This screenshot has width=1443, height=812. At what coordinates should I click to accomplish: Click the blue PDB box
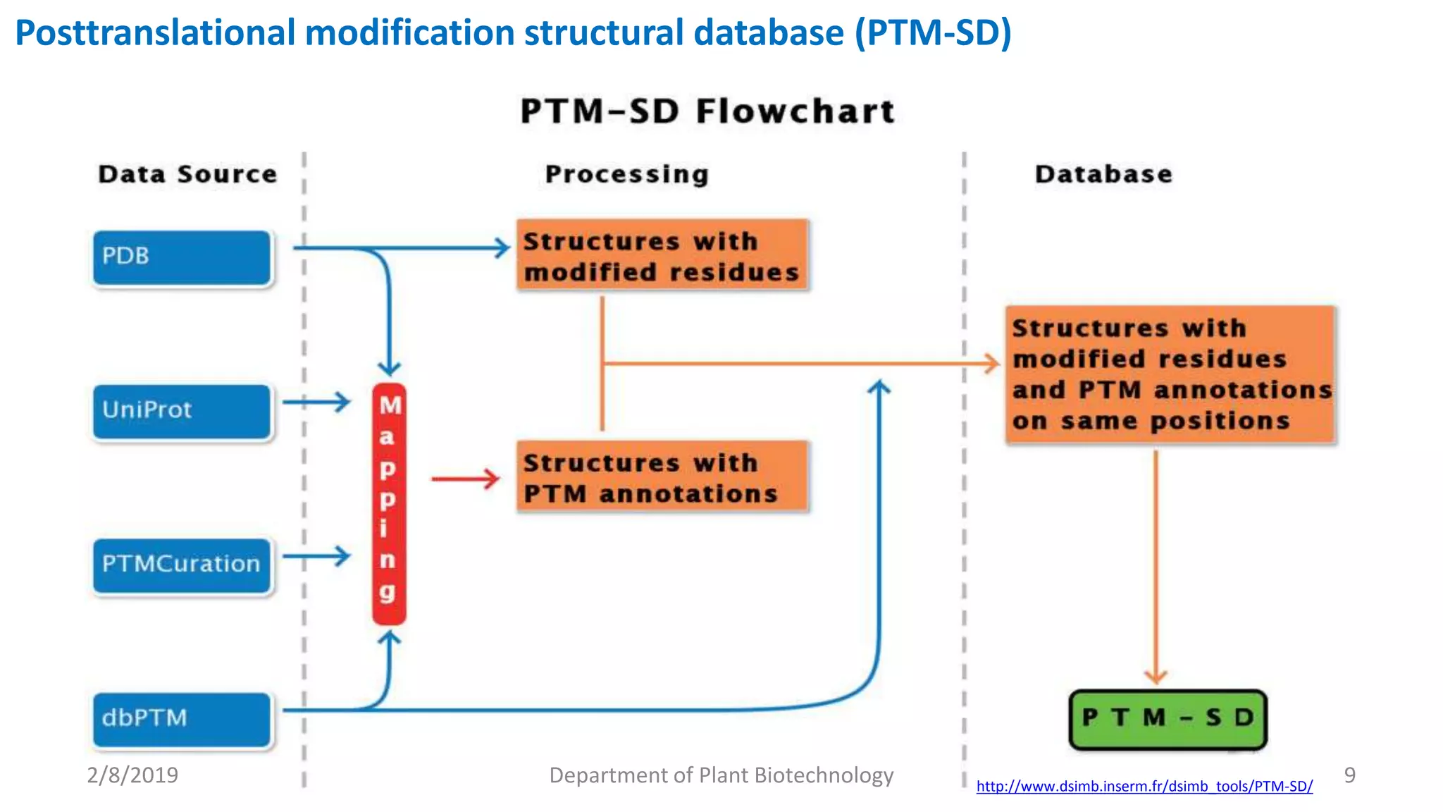tap(182, 257)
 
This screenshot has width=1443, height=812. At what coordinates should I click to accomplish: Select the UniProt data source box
tap(182, 411)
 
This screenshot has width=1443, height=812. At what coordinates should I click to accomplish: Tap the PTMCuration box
tap(182, 565)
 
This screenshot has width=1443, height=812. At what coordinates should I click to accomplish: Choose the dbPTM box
tap(182, 719)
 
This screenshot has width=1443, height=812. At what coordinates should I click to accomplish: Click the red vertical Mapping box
tap(389, 503)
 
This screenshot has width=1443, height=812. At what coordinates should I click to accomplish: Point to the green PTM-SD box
tap(1168, 719)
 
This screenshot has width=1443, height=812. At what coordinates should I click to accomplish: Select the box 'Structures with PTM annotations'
tap(662, 477)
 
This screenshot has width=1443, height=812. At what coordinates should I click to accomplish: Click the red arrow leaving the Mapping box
tap(465, 479)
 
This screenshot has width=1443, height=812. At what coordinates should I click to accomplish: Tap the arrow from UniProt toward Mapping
tap(316, 402)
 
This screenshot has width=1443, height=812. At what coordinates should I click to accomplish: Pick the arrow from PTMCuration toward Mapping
tap(316, 556)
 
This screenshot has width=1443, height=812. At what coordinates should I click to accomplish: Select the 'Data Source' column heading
tap(187, 174)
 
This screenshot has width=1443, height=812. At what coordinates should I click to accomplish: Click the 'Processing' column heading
tap(626, 174)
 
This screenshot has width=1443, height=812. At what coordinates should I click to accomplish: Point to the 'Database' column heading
tap(1103, 174)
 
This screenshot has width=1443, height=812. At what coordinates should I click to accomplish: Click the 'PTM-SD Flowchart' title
tap(707, 111)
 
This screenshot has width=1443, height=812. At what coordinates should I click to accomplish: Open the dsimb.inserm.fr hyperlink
tap(1144, 786)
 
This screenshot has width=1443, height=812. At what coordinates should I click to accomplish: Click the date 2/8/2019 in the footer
tap(132, 775)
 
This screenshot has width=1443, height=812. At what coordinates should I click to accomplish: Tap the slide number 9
tap(1349, 775)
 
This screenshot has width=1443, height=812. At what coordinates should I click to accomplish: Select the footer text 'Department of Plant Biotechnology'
tap(721, 775)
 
